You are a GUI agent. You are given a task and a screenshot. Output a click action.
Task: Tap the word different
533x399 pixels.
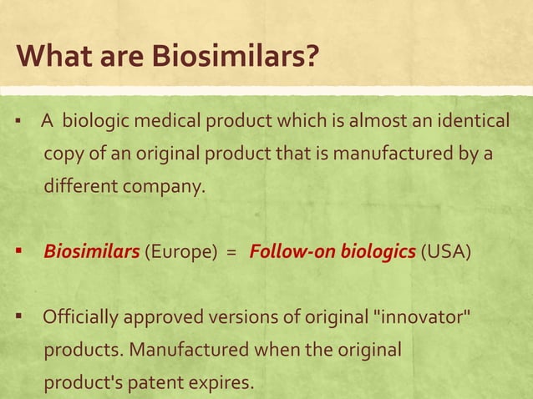pyautogui.click(x=81, y=185)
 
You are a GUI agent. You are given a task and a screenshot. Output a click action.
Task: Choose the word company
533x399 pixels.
pyautogui.click(x=164, y=186)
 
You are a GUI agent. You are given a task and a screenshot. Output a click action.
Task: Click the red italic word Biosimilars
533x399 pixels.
pyautogui.click(x=91, y=251)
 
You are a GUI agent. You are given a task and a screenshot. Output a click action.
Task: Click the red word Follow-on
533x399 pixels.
pyautogui.click(x=292, y=251)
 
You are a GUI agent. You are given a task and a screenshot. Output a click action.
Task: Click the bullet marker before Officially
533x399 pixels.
pyautogui.click(x=17, y=317)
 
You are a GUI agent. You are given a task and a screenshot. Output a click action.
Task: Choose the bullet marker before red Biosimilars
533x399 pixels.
pyautogui.click(x=17, y=251)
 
